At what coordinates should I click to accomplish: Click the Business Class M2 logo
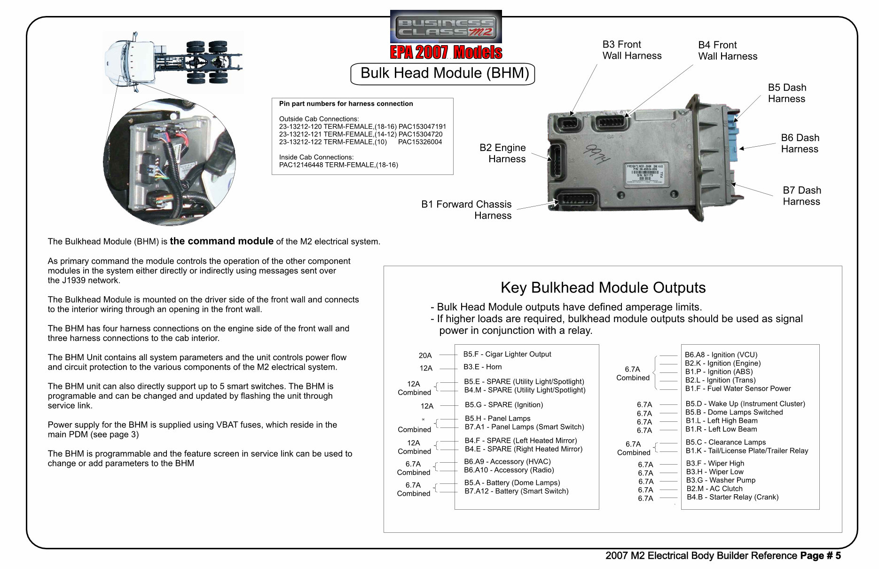pyautogui.click(x=446, y=27)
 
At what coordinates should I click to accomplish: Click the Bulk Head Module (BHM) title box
pyautogui.click(x=443, y=74)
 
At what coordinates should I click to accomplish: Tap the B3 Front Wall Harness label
pyautogui.click(x=631, y=50)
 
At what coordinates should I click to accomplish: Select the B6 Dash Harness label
pyautogui.click(x=800, y=143)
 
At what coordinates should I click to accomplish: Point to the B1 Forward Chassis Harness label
pyautogui.click(x=466, y=210)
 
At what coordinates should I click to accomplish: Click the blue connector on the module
pyautogui.click(x=734, y=136)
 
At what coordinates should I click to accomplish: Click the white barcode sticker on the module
pyautogui.click(x=644, y=173)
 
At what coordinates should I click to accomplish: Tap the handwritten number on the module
pyautogui.click(x=596, y=154)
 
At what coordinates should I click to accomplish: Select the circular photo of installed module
pyautogui.click(x=169, y=162)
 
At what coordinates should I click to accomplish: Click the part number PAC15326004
pyautogui.click(x=420, y=142)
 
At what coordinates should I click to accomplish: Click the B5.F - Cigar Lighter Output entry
pyautogui.click(x=507, y=354)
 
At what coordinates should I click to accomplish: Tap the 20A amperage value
pyautogui.click(x=425, y=356)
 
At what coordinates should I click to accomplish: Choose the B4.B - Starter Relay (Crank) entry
pyautogui.click(x=732, y=497)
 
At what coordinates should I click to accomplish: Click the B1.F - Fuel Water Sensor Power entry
pyautogui.click(x=738, y=388)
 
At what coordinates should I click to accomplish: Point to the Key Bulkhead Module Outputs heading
pyautogui.click(x=603, y=288)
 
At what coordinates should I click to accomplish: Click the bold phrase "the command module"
pyautogui.click(x=221, y=241)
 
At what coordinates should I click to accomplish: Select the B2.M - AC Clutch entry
pyautogui.click(x=714, y=489)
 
